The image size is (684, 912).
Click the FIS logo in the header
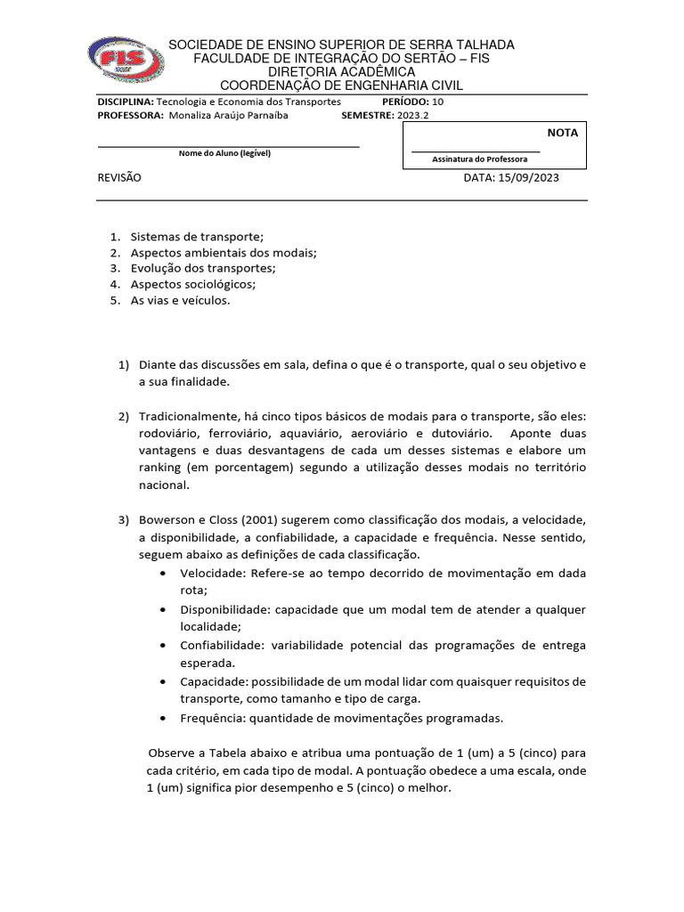pyautogui.click(x=126, y=65)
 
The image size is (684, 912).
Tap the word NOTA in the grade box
pyautogui.click(x=562, y=133)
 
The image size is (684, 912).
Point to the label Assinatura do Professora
pyautogui.click(x=479, y=159)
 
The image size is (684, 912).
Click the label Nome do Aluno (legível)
pyautogui.click(x=224, y=153)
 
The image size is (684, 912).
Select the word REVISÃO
pyautogui.click(x=119, y=177)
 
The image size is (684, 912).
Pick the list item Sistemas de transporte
pyautogui.click(x=197, y=236)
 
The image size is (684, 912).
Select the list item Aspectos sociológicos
pyautogui.click(x=192, y=284)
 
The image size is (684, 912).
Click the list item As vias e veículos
pyautogui.click(x=180, y=300)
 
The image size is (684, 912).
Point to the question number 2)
pyautogui.click(x=124, y=417)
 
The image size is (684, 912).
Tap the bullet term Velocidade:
pyautogui.click(x=213, y=573)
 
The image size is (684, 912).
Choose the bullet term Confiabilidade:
pyautogui.click(x=221, y=645)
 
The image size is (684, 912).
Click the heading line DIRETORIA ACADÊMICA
pyautogui.click(x=342, y=71)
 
